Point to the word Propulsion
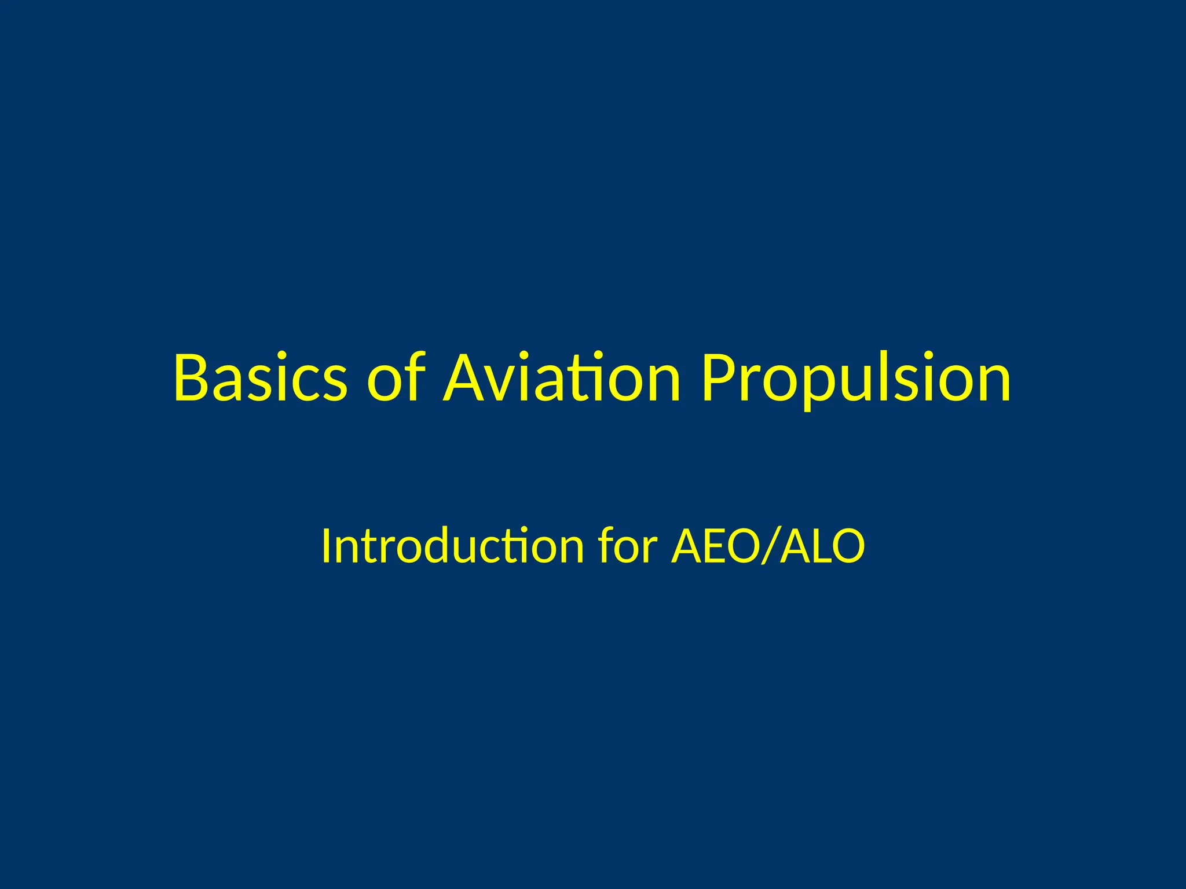click(x=856, y=379)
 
